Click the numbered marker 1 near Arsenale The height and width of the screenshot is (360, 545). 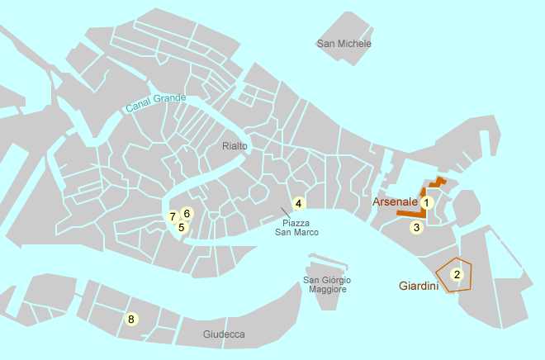[x=427, y=201]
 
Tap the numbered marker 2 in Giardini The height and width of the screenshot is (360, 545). [x=457, y=274]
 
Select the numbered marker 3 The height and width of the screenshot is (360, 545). [x=417, y=227]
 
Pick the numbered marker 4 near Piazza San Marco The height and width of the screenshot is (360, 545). [x=299, y=203]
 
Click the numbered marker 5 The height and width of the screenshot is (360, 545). [x=182, y=227]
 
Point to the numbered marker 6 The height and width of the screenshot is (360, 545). [x=187, y=213]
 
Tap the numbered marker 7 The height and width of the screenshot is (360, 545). [x=173, y=217]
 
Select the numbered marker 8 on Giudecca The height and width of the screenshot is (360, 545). [x=130, y=319]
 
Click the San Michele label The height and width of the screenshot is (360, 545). [x=344, y=44]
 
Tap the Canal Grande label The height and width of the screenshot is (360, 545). [x=156, y=103]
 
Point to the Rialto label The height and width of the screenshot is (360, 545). [x=235, y=146]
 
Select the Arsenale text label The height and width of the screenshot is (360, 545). [x=395, y=201]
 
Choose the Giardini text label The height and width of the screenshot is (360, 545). [x=418, y=287]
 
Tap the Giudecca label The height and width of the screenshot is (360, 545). [x=224, y=334]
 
